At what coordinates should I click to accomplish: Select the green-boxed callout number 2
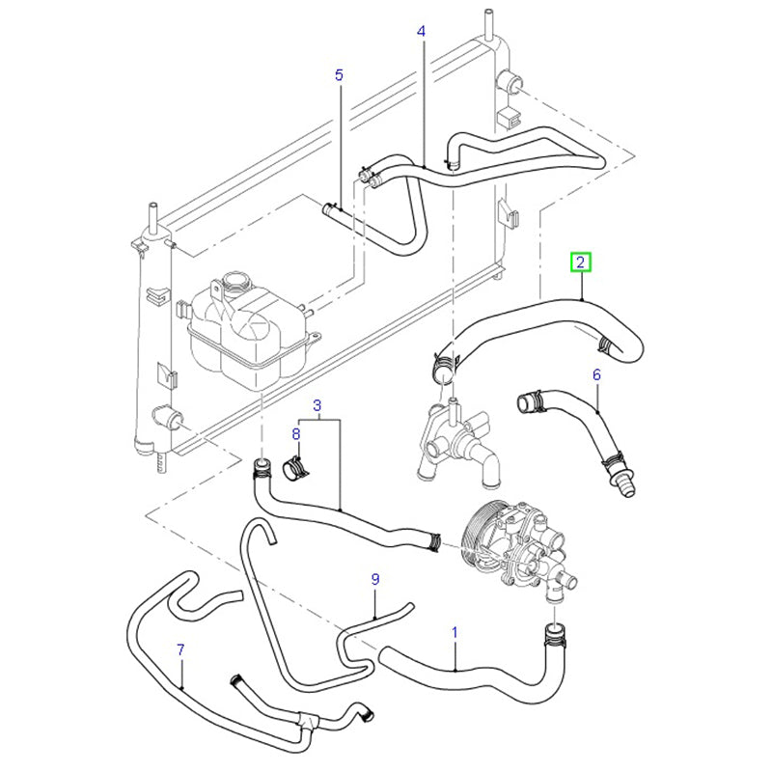click(580, 262)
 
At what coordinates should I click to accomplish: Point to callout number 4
click(421, 32)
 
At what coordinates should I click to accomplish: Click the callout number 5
click(339, 74)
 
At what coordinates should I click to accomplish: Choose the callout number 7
click(180, 648)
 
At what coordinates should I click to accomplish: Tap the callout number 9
click(375, 578)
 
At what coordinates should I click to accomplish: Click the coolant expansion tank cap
click(234, 285)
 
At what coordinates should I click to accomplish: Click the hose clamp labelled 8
click(296, 470)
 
